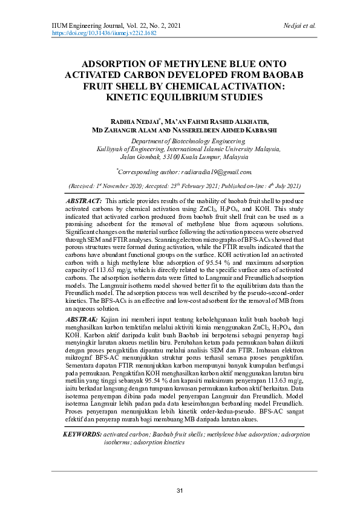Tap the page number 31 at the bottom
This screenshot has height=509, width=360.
click(180, 490)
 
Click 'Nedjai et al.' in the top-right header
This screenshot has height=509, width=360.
click(299, 26)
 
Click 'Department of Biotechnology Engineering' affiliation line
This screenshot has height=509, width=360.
click(180, 140)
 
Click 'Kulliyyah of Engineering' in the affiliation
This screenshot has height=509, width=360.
click(134, 148)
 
